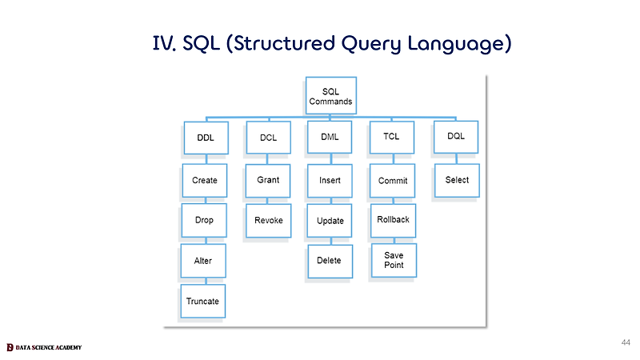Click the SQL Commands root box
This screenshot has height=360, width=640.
[x=331, y=95]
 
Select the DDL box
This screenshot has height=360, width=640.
[x=206, y=138]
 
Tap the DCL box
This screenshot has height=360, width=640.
[x=269, y=138]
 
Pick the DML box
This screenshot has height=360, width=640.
[x=330, y=137]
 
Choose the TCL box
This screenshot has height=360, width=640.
[x=392, y=137]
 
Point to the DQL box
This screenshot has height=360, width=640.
[x=456, y=137]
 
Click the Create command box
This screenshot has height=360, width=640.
[x=205, y=181]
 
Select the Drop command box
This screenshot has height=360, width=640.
[x=204, y=221]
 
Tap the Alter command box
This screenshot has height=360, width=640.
[x=203, y=261]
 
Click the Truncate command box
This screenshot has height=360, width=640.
[x=203, y=302]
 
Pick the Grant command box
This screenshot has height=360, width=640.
[x=268, y=181]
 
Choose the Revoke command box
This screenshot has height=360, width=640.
[x=269, y=221]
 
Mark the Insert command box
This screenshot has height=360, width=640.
[x=330, y=181]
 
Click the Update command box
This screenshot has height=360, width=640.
[x=330, y=221]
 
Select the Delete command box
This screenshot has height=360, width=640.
[x=330, y=262]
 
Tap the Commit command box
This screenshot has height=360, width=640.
[x=393, y=181]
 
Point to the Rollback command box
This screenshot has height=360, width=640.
[x=394, y=221]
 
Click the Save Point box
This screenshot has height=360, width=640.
[x=394, y=261]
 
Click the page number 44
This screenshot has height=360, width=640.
[x=626, y=342]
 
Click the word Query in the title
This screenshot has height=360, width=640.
[x=371, y=44]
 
